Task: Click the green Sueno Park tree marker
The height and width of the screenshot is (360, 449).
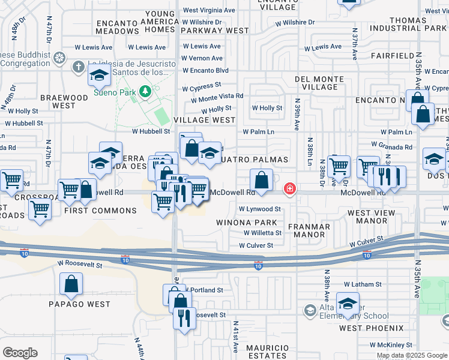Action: click(x=144, y=91)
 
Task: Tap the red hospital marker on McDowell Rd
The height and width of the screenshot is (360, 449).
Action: click(x=290, y=190)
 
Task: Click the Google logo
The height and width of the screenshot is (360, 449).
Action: click(x=20, y=352)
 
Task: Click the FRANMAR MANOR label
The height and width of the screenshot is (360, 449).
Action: click(x=309, y=232)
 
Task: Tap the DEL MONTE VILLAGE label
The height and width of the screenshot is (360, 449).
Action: click(x=319, y=83)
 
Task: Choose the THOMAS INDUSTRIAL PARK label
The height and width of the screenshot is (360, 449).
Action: click(x=408, y=23)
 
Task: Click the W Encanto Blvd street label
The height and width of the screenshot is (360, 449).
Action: click(x=206, y=70)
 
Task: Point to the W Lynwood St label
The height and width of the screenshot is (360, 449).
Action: click(x=259, y=209)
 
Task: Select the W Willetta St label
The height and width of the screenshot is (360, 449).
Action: click(x=262, y=233)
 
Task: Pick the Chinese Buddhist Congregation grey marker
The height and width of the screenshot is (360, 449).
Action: click(x=59, y=58)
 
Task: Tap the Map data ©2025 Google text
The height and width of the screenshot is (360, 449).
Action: click(x=412, y=355)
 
